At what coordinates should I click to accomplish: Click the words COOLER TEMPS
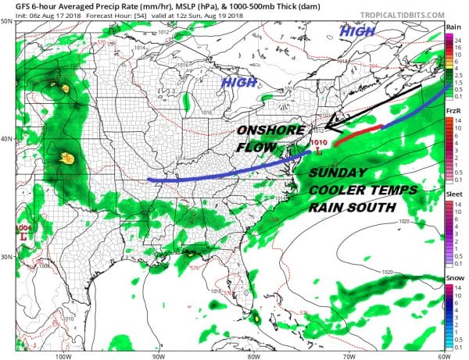360,191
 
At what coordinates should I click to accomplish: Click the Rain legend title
452,26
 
